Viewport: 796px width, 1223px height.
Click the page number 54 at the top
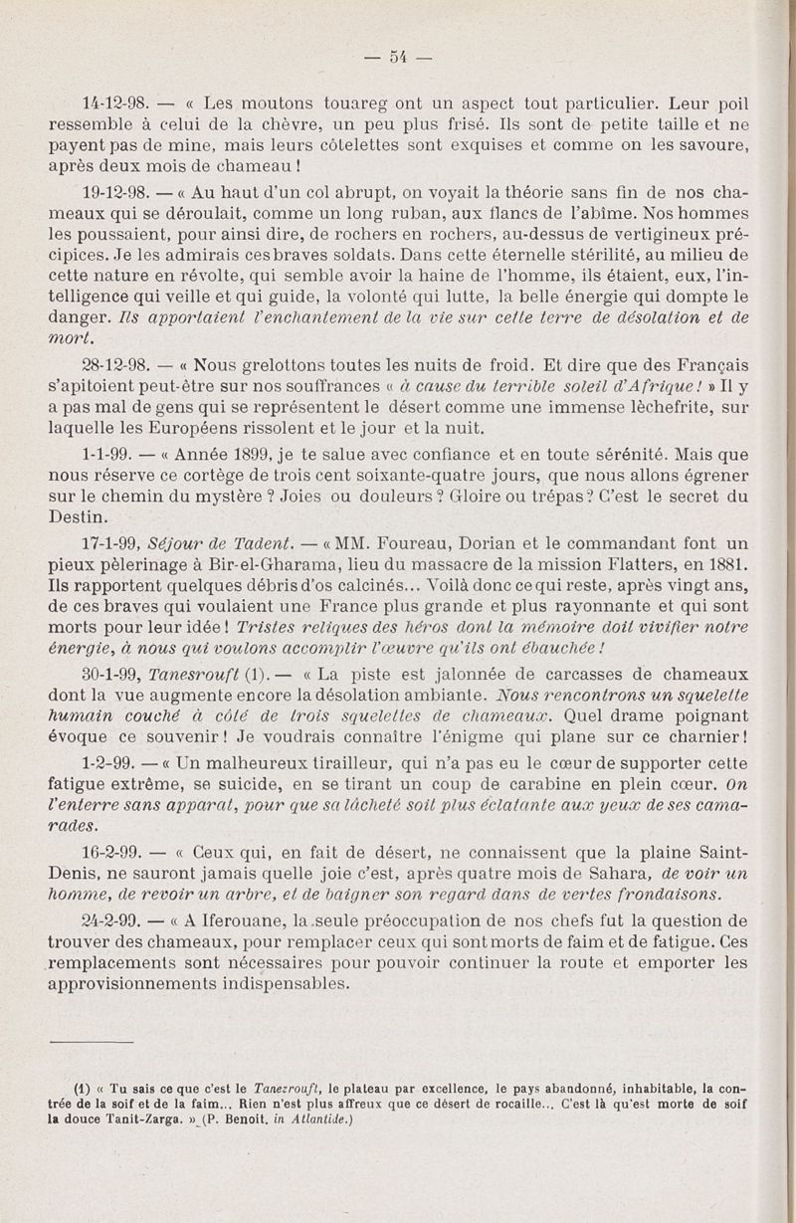pyautogui.click(x=397, y=56)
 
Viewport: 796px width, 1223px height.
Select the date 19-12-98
pyautogui.click(x=114, y=189)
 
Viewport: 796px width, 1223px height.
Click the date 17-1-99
pyautogui.click(x=109, y=543)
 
